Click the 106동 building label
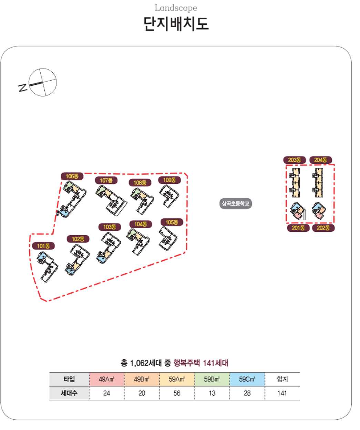click(x=72, y=176)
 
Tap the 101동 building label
click(x=43, y=246)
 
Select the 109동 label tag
click(x=169, y=180)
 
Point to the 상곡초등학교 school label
click(x=236, y=204)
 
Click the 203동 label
click(x=295, y=160)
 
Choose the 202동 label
click(x=323, y=228)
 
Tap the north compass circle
click(x=42, y=82)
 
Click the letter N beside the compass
click(x=23, y=87)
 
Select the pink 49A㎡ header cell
click(x=106, y=379)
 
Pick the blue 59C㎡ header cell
click(x=247, y=379)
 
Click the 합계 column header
click(x=282, y=379)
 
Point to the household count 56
click(x=177, y=393)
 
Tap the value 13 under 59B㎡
click(x=212, y=393)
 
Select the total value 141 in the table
click(x=282, y=393)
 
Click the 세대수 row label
click(x=69, y=393)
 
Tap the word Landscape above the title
click(x=176, y=8)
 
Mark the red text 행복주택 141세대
click(x=201, y=363)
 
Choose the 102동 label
click(x=78, y=239)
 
